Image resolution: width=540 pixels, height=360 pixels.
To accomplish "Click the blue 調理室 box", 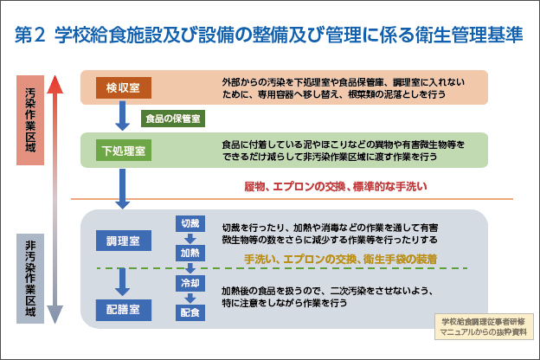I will point(123,238).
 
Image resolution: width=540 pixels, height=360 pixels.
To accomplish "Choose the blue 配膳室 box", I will point(123,308).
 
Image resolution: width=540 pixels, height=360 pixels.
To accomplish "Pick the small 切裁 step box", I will point(190,223).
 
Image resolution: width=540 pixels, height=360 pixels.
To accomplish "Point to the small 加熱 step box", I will point(190,254).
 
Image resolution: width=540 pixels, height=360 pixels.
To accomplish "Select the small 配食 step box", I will point(190,311).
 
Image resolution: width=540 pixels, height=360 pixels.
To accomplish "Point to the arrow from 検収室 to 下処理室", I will point(123,113).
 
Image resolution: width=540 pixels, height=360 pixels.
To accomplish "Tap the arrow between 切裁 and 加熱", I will point(190,238).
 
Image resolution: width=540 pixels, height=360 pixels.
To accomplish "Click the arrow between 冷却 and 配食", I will point(190,296).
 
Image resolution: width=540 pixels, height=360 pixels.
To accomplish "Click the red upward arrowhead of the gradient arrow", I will point(54,84).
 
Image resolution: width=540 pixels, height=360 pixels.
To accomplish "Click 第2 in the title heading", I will point(31,35).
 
